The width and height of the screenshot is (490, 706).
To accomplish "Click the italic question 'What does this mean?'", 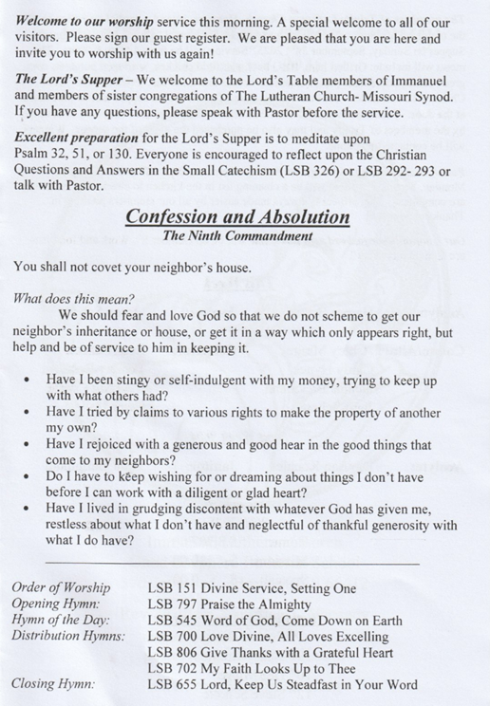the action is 72,297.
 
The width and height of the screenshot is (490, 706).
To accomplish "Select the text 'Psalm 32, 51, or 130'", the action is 77,155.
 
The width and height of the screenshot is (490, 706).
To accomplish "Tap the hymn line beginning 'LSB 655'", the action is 282,684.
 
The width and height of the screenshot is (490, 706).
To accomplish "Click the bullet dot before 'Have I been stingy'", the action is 33,380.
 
